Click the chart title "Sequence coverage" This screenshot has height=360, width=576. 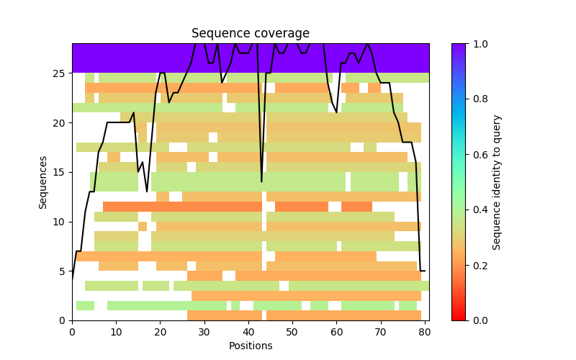(x=250, y=34)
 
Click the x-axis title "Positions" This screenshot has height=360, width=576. (x=250, y=346)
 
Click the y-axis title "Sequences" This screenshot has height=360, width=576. (x=43, y=181)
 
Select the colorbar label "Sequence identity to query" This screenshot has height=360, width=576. (x=497, y=181)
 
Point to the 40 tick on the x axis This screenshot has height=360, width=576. (x=248, y=320)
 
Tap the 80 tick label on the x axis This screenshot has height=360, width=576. (x=425, y=331)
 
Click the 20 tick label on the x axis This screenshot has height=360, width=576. (x=160, y=331)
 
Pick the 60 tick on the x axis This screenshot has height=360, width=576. (x=336, y=320)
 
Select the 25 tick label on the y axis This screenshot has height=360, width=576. (x=60, y=73)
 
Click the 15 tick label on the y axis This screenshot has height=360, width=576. (x=60, y=172)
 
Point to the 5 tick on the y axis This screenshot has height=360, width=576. (x=72, y=271)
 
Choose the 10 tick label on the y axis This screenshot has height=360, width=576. (x=60, y=222)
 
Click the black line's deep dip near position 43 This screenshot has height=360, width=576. (x=261, y=181)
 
